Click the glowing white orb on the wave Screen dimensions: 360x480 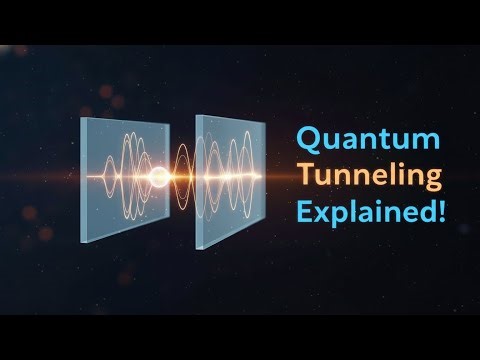pyautogui.click(x=157, y=180)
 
